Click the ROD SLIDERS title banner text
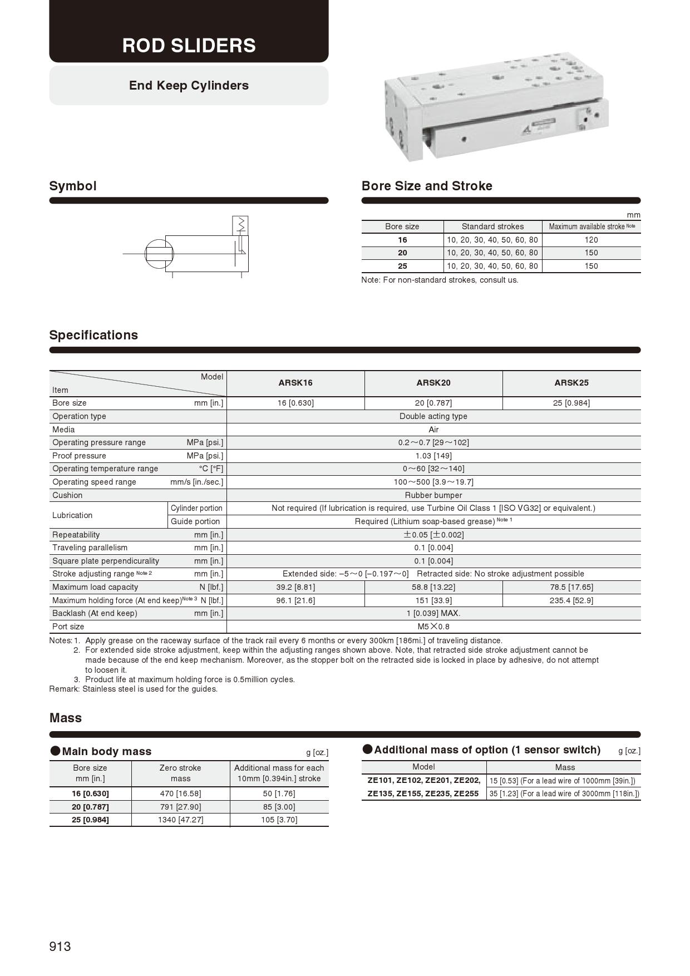click(189, 45)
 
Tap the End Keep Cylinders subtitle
click(189, 85)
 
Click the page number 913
click(60, 947)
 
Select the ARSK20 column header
click(433, 383)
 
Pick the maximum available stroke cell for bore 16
click(591, 240)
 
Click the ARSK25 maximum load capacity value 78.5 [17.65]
click(571, 587)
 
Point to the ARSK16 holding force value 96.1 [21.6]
click(295, 600)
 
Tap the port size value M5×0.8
click(433, 627)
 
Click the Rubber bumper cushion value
click(433, 495)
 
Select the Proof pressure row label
click(79, 456)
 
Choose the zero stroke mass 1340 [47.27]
click(180, 820)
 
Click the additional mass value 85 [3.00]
click(279, 807)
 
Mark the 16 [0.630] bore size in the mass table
click(90, 793)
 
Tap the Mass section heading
click(65, 718)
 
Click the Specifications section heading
click(93, 335)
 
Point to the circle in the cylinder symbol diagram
click(159, 253)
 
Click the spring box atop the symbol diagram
click(240, 225)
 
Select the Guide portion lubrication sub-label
click(195, 521)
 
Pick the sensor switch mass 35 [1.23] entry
click(564, 794)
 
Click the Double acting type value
click(433, 416)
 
